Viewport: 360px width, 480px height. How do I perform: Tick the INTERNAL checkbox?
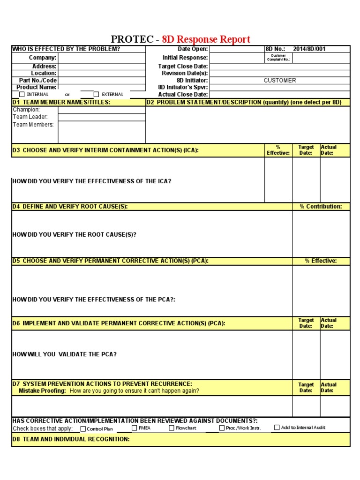[x=22, y=94]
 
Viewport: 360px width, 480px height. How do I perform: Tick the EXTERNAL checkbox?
[x=97, y=94]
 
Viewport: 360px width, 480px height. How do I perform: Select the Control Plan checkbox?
[x=83, y=428]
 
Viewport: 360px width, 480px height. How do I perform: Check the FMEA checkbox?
[x=135, y=428]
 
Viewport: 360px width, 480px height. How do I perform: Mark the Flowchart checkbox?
[x=172, y=428]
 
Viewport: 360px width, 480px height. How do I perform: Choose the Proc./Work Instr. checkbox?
[x=222, y=428]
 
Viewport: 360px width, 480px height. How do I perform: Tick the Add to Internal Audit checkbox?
[x=277, y=427]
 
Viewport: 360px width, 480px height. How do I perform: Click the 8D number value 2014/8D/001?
[x=309, y=49]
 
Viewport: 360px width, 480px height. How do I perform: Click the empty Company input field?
[x=101, y=58]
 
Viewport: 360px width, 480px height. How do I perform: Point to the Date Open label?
[x=192, y=49]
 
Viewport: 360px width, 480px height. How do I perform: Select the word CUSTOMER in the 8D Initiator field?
[x=280, y=81]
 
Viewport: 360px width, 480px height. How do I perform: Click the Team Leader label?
[x=30, y=117]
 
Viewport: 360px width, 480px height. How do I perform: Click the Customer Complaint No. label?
[x=278, y=58]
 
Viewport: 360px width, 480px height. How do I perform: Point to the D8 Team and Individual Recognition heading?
[x=71, y=439]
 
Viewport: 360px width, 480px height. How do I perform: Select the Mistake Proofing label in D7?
[x=42, y=390]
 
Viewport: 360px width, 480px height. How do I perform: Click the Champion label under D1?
[x=26, y=110]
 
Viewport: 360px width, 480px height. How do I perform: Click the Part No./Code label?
[x=37, y=81]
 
